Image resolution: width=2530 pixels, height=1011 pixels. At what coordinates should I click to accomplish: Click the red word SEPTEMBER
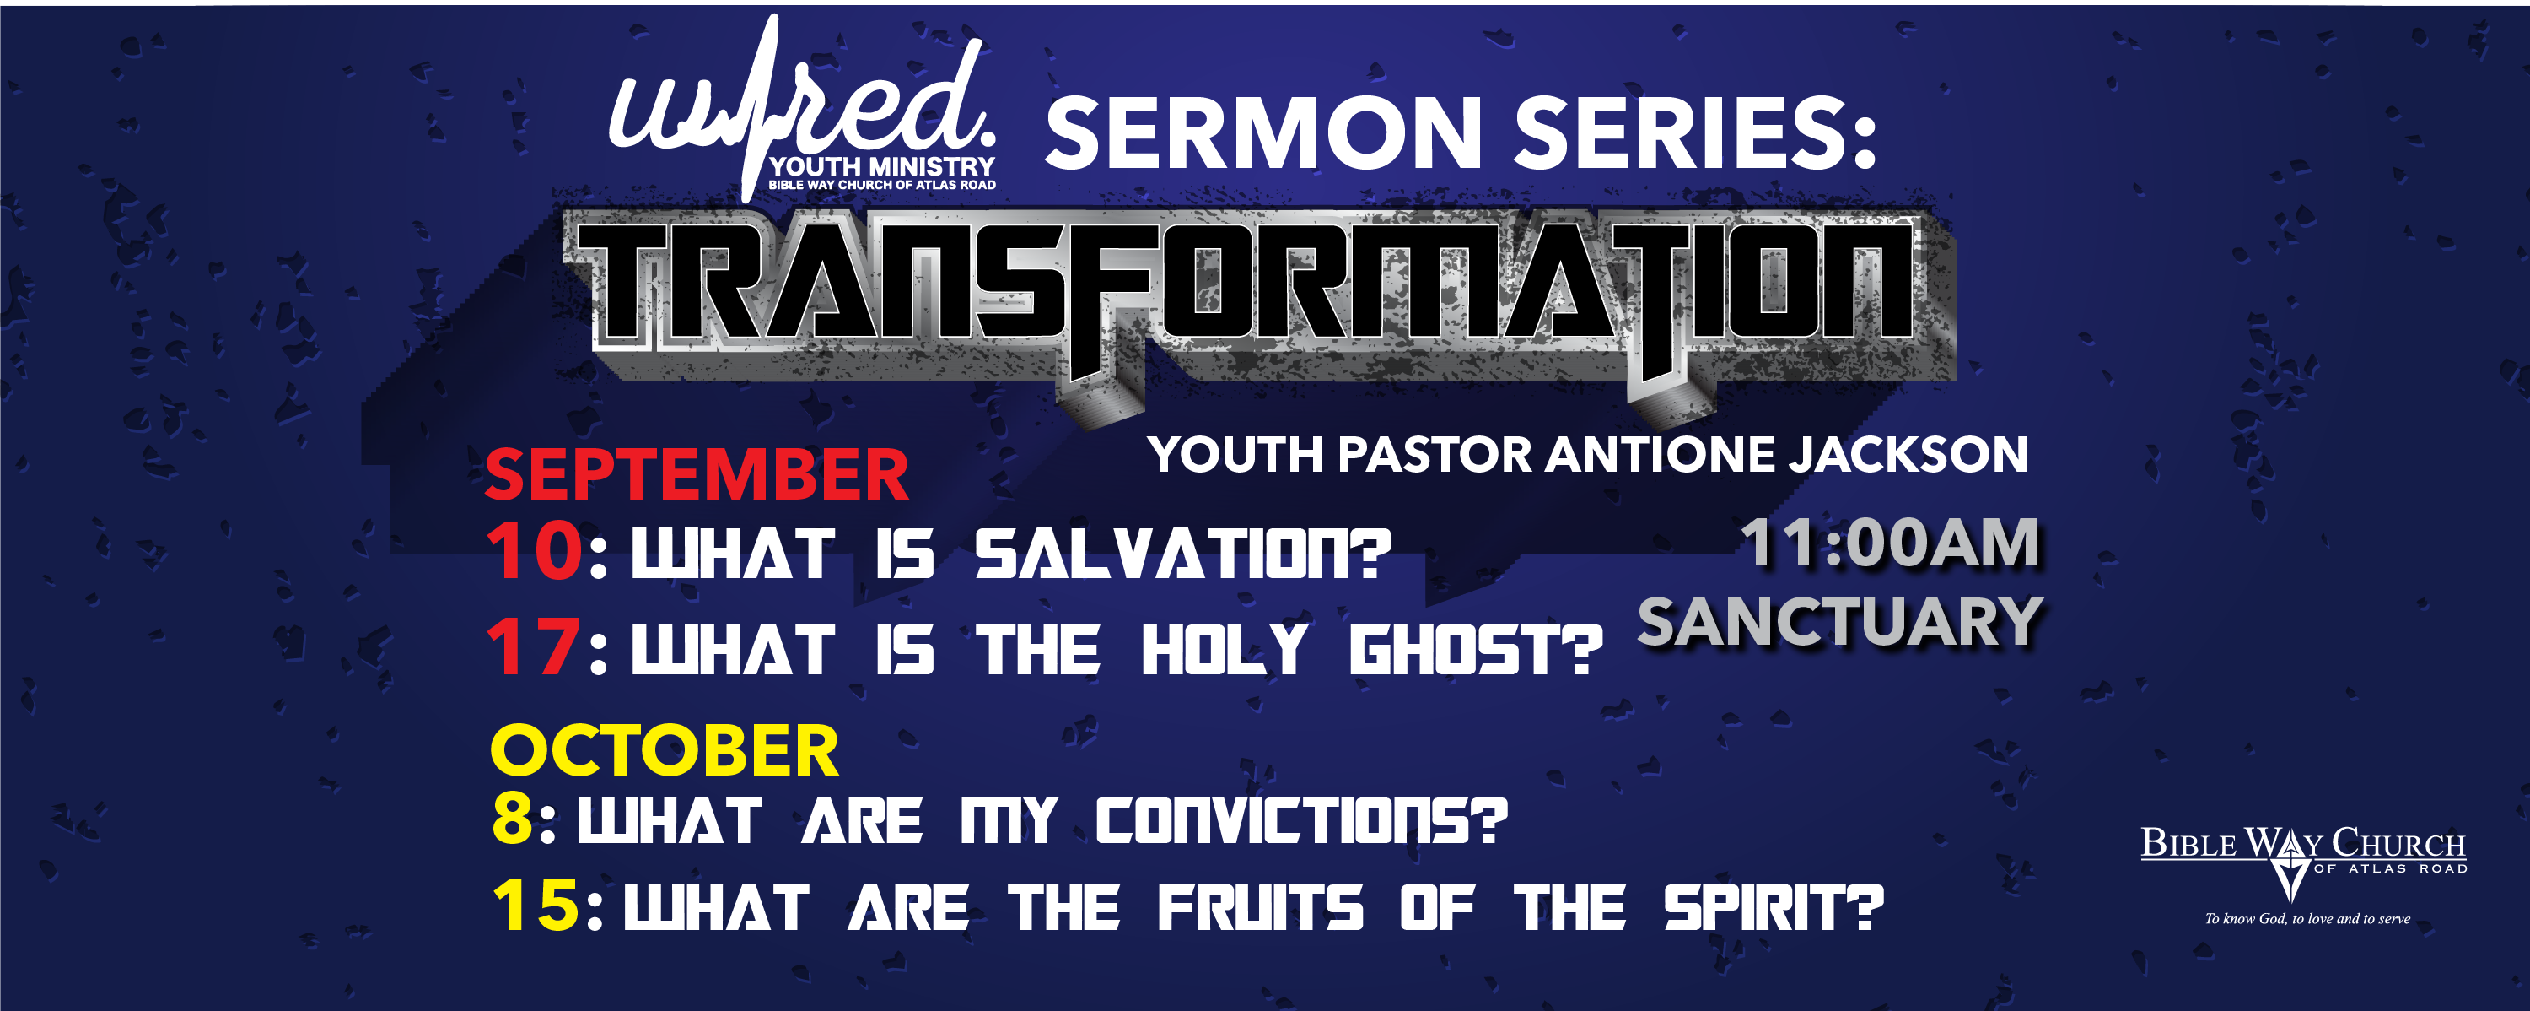pos(697,474)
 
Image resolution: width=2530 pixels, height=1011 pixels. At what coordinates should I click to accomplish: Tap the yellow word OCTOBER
pos(665,750)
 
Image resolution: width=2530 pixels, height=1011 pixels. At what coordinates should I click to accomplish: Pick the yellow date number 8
pos(512,819)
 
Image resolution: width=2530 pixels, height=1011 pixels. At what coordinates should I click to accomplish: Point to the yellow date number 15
pos(536,904)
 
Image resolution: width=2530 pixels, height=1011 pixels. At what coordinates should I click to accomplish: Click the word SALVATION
pos(1182,554)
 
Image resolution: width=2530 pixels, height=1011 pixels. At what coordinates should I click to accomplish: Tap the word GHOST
pos(1475,651)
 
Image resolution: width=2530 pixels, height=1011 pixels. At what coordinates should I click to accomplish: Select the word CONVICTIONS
pos(1300,820)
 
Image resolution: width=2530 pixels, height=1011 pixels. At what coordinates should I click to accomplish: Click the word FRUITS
pos(1260,907)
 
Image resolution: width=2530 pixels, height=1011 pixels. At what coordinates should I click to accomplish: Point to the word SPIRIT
pos(1774,907)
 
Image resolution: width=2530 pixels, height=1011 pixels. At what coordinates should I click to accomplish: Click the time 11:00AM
pos(1891,543)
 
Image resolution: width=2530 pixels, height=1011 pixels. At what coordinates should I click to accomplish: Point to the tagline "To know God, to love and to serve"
pos(2307,919)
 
